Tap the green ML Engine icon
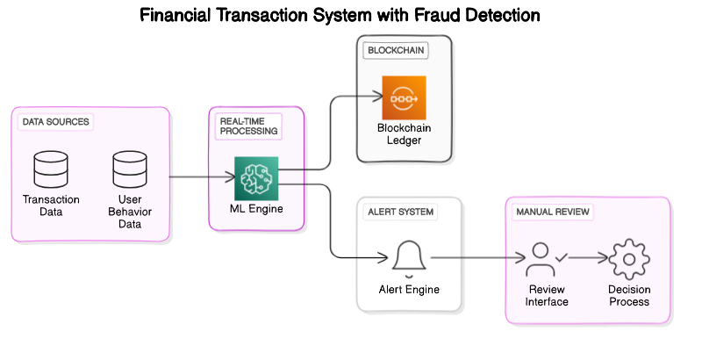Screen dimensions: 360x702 (x=256, y=178)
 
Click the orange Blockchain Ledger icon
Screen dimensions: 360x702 (x=404, y=98)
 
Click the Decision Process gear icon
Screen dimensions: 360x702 (x=628, y=259)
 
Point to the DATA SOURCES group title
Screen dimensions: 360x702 (x=55, y=121)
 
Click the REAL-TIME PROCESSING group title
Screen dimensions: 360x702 (x=248, y=125)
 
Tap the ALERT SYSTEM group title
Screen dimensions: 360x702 (x=400, y=212)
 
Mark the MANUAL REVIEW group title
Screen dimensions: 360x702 (x=553, y=212)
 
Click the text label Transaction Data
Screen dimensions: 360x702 (x=51, y=205)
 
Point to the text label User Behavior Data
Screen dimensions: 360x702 (x=130, y=212)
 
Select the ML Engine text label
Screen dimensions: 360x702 (x=255, y=208)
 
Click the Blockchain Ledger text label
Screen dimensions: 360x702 (x=404, y=134)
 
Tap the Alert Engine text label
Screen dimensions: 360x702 (x=408, y=290)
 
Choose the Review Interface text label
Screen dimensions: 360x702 (x=547, y=296)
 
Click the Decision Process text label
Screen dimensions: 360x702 (x=628, y=296)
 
